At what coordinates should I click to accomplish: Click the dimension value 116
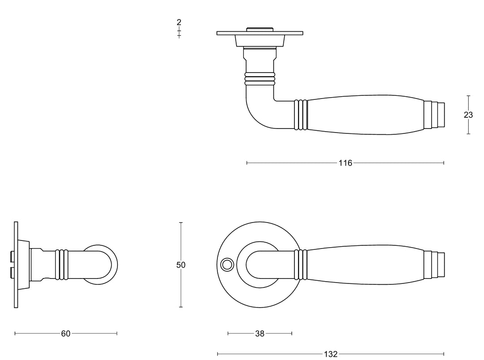[345, 163]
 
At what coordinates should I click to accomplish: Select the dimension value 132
[330, 354]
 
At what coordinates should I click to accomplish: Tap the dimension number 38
[259, 333]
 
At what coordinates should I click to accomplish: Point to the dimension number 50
[181, 265]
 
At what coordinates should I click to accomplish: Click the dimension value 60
[65, 333]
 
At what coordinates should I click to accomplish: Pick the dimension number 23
[468, 115]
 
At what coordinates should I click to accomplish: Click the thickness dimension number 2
[179, 22]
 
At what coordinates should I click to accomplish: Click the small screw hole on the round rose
[227, 265]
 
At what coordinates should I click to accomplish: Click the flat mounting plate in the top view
[259, 33]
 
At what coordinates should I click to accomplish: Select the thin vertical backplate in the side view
[16, 265]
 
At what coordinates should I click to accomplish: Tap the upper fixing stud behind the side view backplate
[11, 257]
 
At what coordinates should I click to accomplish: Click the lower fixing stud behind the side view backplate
[11, 272]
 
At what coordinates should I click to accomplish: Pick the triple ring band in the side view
[61, 265]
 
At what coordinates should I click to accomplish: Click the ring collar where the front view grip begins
[301, 265]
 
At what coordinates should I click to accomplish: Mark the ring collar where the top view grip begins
[301, 115]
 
